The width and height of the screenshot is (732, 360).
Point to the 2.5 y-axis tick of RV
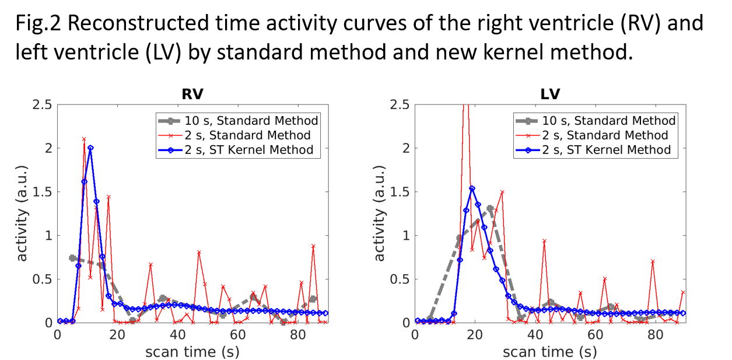coord(41,105)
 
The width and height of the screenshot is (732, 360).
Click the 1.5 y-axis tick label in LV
coord(399,192)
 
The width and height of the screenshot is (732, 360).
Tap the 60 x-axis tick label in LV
coord(595,335)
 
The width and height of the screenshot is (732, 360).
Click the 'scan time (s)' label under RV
coord(192,352)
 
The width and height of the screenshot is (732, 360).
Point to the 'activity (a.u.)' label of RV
coord(22,213)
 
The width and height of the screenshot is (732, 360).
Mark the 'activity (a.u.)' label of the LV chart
coord(380,213)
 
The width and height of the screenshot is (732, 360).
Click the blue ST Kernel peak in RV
coord(90,148)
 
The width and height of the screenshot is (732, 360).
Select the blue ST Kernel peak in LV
coord(472,188)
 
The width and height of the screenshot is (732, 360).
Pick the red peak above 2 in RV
coord(84,139)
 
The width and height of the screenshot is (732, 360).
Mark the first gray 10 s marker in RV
coord(72,257)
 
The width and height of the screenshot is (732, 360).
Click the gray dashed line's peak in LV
coord(490,208)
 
